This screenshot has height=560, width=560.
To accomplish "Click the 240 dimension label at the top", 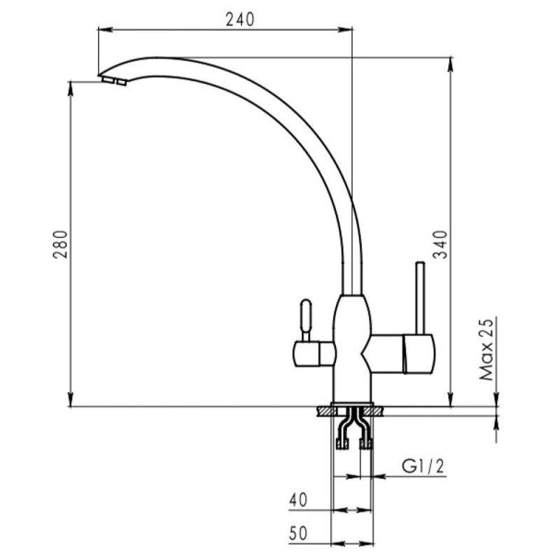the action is click(240, 20).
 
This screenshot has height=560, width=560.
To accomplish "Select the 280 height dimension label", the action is click(60, 244).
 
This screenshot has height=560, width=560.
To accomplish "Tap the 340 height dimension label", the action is click(440, 244).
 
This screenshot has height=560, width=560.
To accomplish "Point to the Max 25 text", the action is click(486, 349).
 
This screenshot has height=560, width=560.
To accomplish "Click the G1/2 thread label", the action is click(423, 466).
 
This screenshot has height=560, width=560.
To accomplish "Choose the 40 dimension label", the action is click(298, 500).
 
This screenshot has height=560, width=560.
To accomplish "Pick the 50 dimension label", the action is click(298, 533).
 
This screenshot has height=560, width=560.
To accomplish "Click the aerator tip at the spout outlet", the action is click(113, 80).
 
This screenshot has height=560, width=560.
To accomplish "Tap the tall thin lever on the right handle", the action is click(419, 298).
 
